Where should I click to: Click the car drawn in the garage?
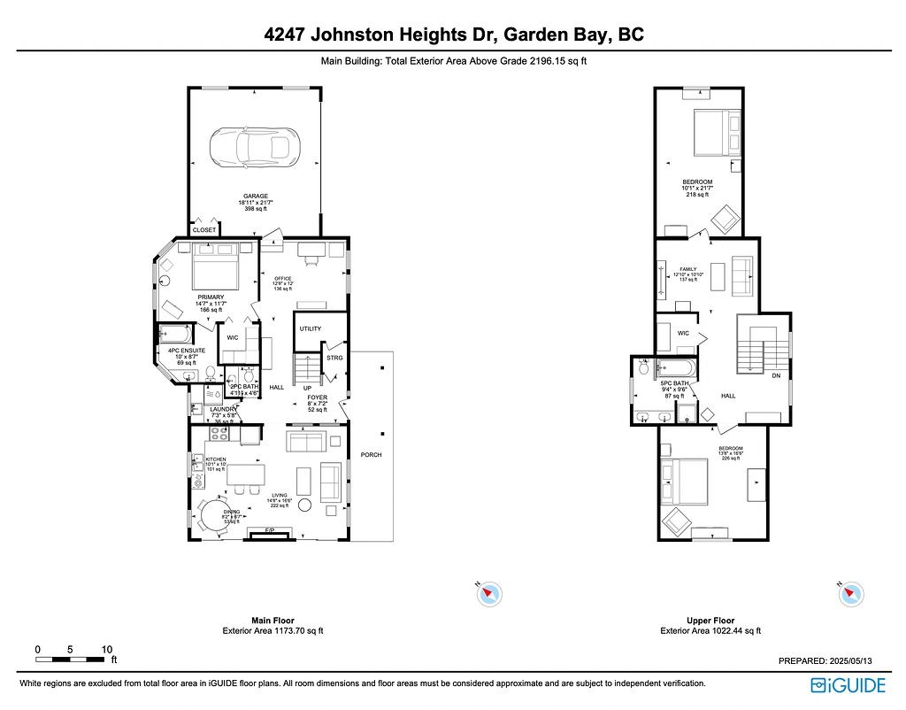(255, 147)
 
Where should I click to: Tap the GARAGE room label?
(256, 196)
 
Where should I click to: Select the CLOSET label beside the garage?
(204, 230)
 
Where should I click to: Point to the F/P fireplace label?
(270, 531)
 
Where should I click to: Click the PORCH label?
(370, 455)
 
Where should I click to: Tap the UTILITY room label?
(310, 328)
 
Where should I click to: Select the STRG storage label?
(334, 358)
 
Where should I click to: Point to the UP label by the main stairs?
(307, 388)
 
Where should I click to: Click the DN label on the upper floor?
(776, 375)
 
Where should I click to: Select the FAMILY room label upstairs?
(688, 269)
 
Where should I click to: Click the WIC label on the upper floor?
(683, 334)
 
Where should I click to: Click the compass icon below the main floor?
(488, 593)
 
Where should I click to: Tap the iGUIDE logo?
(848, 685)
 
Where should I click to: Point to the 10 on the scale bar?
(106, 649)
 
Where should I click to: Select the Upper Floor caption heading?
(710, 621)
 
